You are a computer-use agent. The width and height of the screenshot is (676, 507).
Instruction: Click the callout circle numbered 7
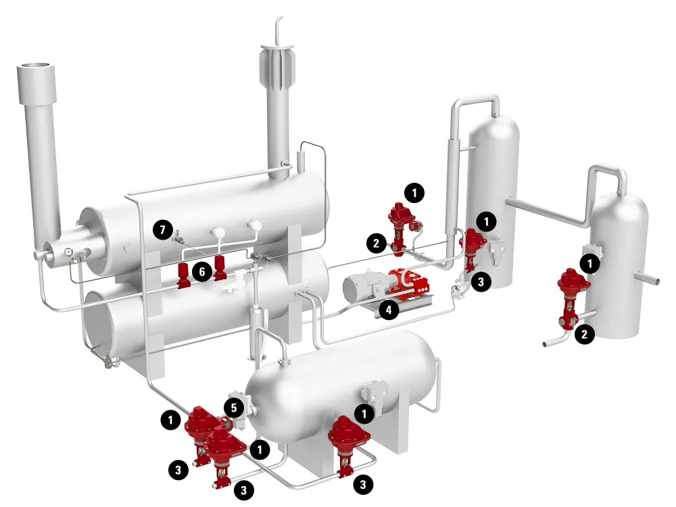point(162,229)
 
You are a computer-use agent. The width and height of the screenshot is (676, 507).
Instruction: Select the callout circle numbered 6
point(201,272)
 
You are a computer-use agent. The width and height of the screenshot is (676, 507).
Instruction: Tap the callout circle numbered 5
point(234,408)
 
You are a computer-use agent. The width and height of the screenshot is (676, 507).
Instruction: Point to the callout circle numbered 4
point(389,309)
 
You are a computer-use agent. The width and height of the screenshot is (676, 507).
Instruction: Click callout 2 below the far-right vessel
point(585,334)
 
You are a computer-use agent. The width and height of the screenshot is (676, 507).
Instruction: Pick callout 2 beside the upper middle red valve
point(377,243)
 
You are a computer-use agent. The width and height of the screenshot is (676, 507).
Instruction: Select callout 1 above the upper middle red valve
point(414,193)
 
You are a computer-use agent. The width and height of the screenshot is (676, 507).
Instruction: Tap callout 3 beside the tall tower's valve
point(481,282)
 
